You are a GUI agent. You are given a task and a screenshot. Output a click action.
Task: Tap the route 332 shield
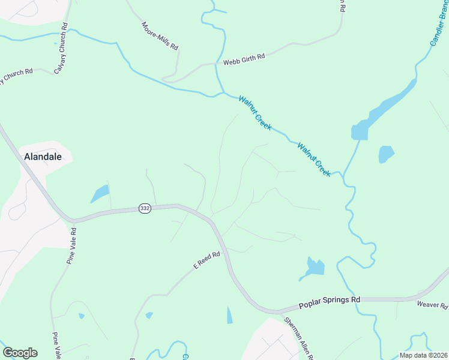tap(144, 208)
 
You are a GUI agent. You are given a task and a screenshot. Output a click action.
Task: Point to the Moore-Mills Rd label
tap(160, 36)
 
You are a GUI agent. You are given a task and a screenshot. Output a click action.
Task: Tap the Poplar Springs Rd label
tap(330, 299)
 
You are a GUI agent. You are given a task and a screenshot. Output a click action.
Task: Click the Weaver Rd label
tap(432, 305)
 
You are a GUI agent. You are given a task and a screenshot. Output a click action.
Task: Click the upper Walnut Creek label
tap(255, 113)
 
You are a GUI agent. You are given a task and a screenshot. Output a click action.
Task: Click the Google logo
tap(20, 353)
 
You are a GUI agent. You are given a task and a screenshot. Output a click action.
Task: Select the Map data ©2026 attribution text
tap(423, 355)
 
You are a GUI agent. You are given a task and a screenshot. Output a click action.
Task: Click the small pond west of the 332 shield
tap(100, 193)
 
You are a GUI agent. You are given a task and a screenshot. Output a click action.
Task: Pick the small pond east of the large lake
tap(386, 154)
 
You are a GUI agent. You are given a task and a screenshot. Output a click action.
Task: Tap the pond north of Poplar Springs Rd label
tap(313, 268)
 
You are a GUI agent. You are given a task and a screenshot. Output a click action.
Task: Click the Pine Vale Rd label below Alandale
tap(72, 246)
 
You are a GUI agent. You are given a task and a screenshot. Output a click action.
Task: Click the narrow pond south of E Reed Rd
tap(229, 315)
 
